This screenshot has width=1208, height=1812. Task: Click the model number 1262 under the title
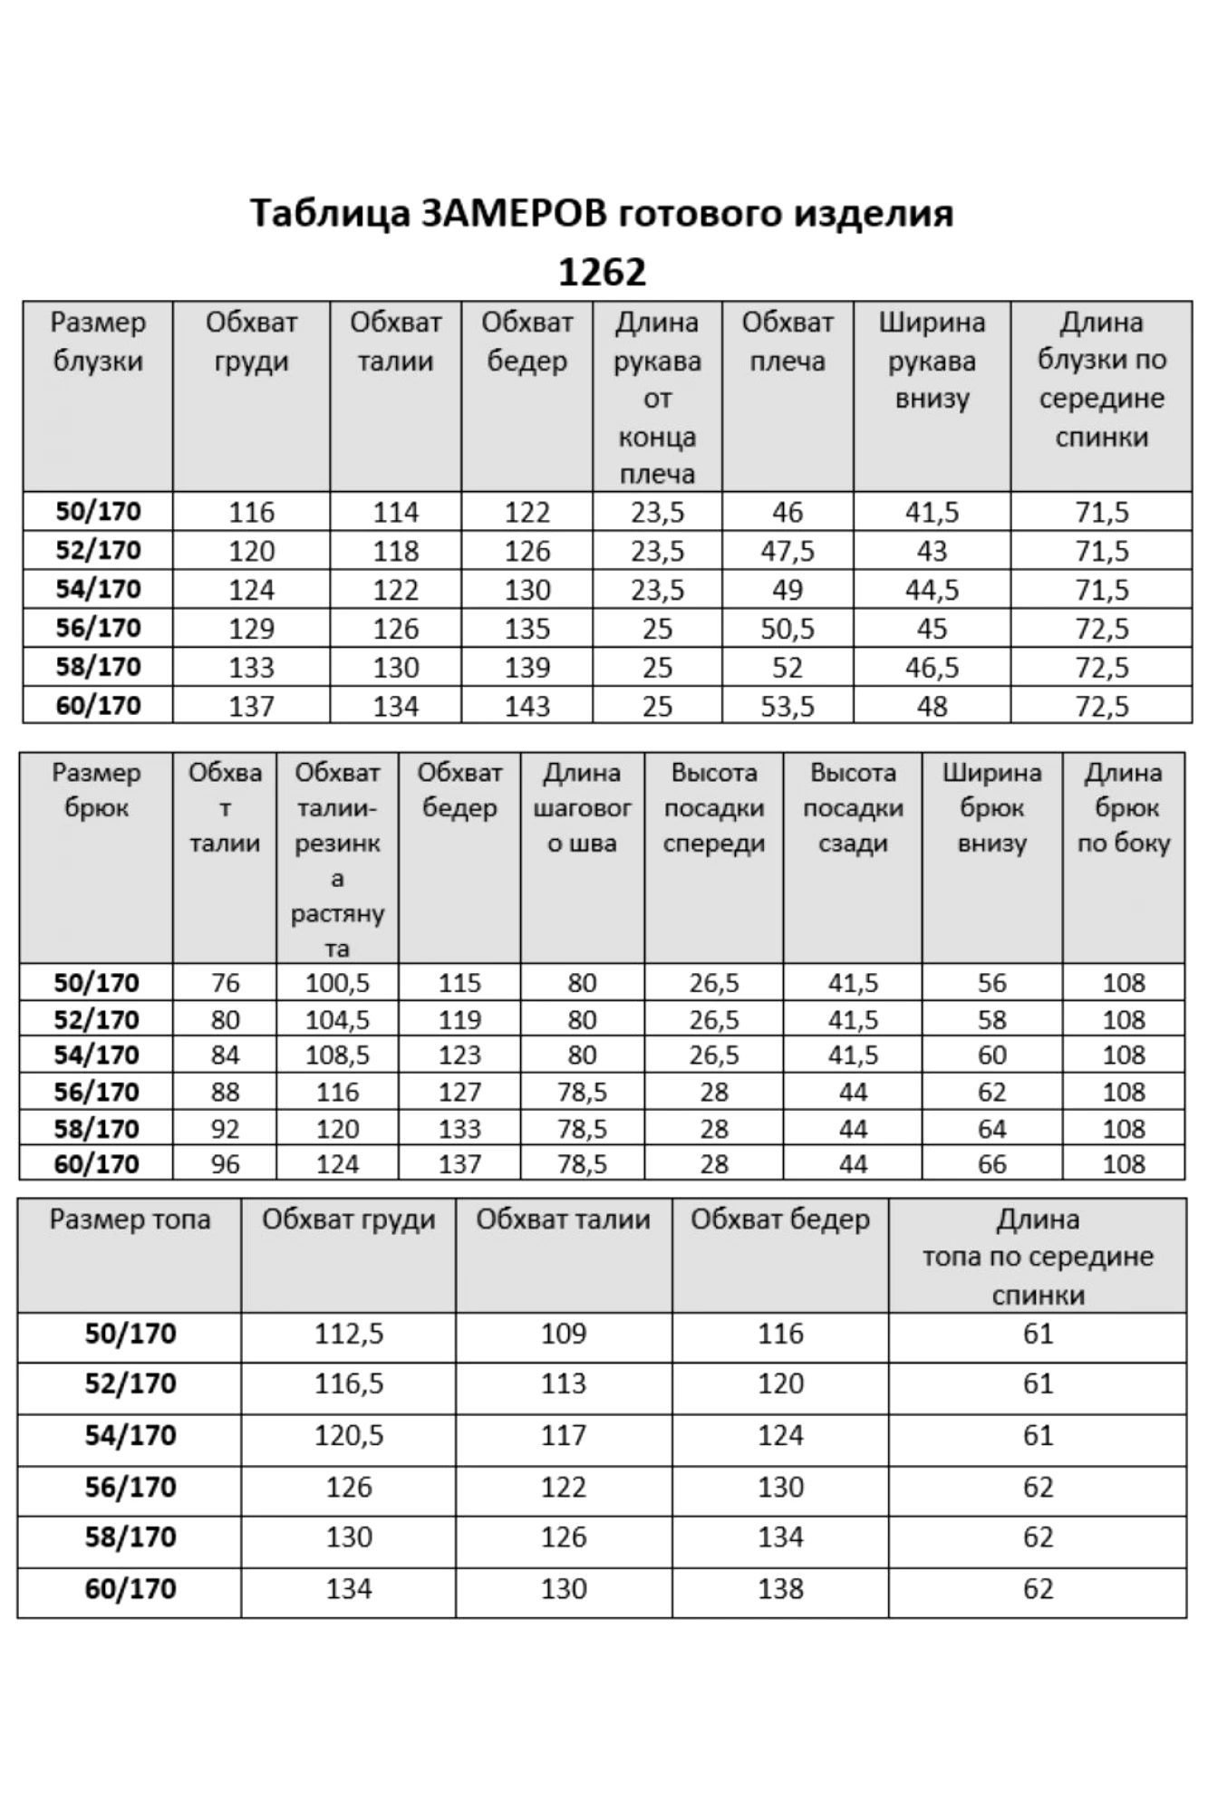point(602,272)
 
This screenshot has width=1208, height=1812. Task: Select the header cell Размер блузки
point(98,342)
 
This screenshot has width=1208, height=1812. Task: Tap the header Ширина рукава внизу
point(932,361)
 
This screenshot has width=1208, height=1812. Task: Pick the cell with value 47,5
point(787,551)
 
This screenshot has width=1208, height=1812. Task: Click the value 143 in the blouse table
point(527,706)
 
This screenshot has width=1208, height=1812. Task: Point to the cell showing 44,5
point(932,590)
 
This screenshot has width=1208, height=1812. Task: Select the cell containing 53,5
point(787,706)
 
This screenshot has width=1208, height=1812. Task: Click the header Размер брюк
point(96,790)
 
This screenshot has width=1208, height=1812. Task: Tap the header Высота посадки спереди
point(714,808)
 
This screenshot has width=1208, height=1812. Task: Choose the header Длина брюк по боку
point(1124,808)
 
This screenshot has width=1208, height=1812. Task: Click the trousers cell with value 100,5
point(337,983)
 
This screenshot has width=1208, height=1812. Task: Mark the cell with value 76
point(225,983)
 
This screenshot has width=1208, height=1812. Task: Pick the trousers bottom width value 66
point(991,1164)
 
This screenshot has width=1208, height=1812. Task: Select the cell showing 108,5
point(337,1055)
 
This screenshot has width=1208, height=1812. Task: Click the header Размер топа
point(130,1220)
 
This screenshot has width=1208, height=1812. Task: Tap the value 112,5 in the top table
point(349,1334)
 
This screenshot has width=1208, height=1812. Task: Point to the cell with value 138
point(780,1588)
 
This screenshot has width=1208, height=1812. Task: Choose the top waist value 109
point(564,1334)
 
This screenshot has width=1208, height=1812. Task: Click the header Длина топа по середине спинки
point(1038,1257)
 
